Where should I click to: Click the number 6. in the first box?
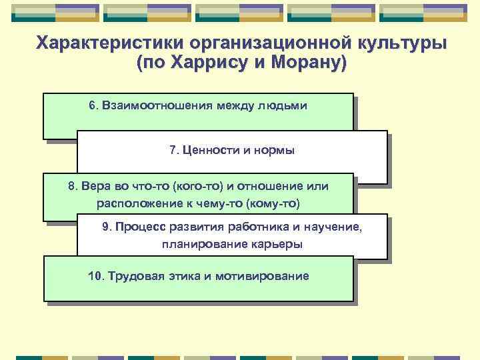pos(93,106)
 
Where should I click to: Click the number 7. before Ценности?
pos(174,151)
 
